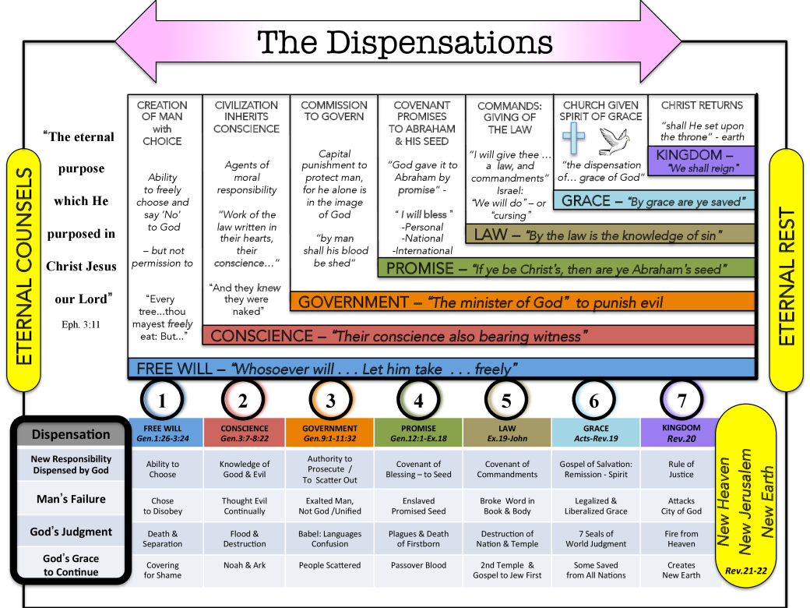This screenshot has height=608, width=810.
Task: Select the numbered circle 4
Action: [418, 401]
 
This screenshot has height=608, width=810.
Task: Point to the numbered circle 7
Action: [682, 401]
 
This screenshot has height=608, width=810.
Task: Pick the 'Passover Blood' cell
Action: [418, 565]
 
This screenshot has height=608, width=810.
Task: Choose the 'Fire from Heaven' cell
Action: [682, 539]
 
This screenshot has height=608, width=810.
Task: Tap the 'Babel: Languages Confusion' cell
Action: [330, 539]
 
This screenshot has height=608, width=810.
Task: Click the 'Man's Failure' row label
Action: [71, 499]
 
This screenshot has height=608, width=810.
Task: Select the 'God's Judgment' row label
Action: [71, 532]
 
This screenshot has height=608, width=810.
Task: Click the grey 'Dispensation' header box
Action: [71, 434]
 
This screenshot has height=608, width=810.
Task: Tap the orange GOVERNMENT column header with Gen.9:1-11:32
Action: [330, 433]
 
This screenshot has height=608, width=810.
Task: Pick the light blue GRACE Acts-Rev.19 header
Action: [595, 433]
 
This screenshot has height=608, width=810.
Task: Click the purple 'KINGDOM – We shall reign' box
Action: [700, 161]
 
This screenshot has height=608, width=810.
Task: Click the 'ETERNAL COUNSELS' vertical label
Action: [23, 267]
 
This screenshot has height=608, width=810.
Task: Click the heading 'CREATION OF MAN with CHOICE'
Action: [162, 123]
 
